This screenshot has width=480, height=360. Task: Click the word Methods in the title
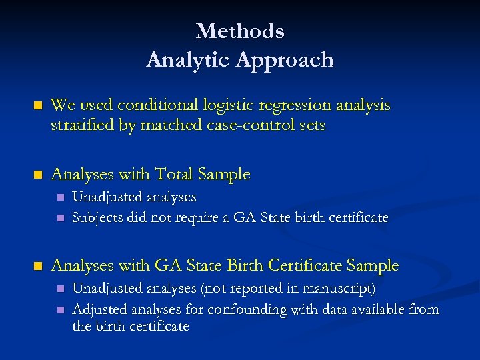point(240,31)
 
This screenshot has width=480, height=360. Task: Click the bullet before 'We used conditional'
point(38,105)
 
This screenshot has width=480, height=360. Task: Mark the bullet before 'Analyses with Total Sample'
point(38,175)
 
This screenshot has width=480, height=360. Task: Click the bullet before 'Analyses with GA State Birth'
point(38,266)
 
